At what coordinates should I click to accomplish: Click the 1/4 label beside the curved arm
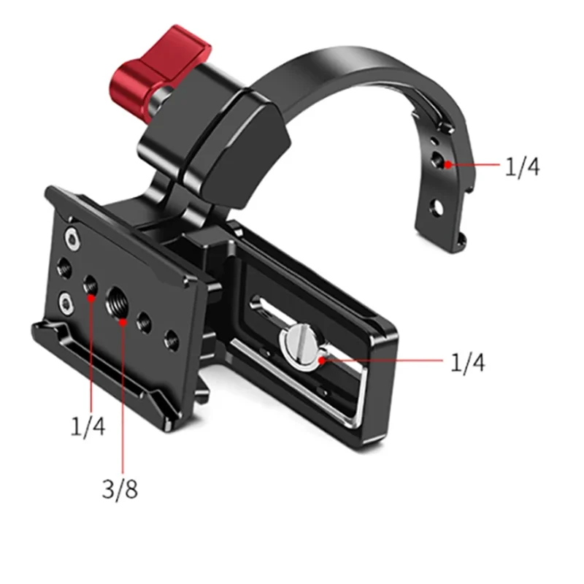pyautogui.click(x=522, y=167)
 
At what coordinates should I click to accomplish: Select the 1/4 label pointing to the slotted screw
pyautogui.click(x=468, y=362)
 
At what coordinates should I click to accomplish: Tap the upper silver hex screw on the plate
pyautogui.click(x=71, y=237)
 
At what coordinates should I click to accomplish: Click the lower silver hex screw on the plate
pyautogui.click(x=66, y=301)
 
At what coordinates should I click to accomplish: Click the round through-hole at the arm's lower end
pyautogui.click(x=435, y=207)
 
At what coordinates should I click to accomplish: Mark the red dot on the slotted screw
pyautogui.click(x=321, y=358)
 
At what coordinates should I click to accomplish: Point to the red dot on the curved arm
pyautogui.click(x=449, y=164)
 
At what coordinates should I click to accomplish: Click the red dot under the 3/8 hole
pyautogui.click(x=122, y=318)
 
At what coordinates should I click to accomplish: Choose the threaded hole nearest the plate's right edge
pyautogui.click(x=171, y=337)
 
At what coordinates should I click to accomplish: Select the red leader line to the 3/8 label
pyautogui.click(x=123, y=394)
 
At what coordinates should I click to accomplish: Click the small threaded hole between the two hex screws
pyautogui.click(x=64, y=266)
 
